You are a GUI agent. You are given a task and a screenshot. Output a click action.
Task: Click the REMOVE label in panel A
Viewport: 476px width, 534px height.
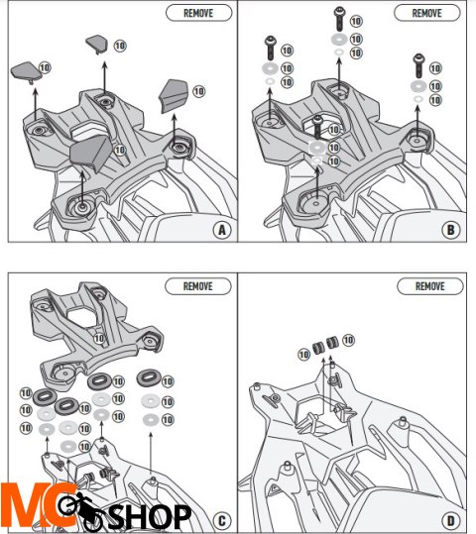(x=198, y=13)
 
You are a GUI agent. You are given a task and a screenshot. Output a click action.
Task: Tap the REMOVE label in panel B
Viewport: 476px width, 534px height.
(x=426, y=13)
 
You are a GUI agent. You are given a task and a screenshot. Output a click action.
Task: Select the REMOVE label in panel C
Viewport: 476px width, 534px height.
(x=198, y=286)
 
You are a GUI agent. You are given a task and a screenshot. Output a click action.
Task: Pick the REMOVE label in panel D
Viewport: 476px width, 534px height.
(x=430, y=286)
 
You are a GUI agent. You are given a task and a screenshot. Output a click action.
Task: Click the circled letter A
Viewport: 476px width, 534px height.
(x=222, y=230)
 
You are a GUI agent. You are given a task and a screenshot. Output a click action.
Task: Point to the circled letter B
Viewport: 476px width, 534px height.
(x=450, y=230)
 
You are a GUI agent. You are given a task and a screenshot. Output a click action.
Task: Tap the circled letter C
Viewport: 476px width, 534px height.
(x=222, y=521)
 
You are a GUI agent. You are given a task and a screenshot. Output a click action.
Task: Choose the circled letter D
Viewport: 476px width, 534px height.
(x=450, y=521)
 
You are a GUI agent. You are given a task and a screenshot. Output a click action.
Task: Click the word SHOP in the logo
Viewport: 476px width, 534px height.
(x=150, y=517)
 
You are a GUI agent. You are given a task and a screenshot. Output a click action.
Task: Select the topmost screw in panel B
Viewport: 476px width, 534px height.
(x=339, y=19)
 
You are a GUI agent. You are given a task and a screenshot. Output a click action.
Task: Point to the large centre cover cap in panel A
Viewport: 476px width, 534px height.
(x=90, y=153)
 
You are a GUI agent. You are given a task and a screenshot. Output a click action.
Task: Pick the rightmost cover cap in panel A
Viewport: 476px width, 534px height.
(x=174, y=96)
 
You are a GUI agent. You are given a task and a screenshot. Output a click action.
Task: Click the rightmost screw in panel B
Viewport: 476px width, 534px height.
(x=418, y=66)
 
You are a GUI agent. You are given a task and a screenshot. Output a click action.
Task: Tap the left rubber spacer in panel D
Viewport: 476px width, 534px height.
(x=318, y=348)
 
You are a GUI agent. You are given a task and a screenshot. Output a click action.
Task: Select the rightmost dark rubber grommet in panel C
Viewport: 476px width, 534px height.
(x=149, y=377)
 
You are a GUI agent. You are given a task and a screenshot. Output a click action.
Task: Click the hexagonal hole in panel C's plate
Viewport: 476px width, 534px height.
(x=83, y=316)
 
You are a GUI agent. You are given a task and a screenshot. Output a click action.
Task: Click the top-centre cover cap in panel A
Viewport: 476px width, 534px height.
(x=97, y=45)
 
